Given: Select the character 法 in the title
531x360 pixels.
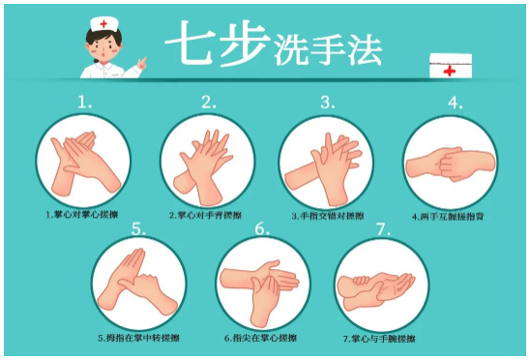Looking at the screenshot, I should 364,45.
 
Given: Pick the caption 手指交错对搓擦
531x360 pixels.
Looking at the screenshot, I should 327,215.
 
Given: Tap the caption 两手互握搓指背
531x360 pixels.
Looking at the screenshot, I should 448,216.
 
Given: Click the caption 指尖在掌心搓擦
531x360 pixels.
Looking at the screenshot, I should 260,339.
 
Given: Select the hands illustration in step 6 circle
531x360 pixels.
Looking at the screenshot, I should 261,284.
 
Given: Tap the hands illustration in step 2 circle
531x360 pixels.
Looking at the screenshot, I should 207,160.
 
